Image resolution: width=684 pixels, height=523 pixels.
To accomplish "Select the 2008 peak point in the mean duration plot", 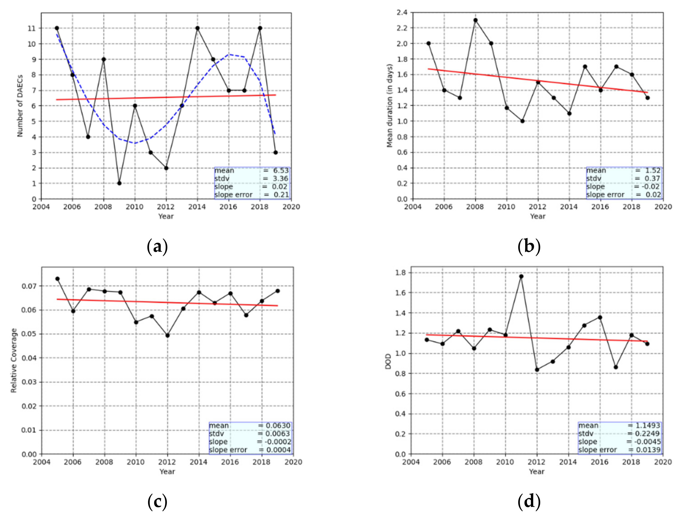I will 475,20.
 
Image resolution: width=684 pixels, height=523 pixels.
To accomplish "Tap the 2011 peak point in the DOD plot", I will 521,276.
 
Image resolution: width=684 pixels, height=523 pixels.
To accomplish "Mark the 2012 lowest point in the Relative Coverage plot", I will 168,335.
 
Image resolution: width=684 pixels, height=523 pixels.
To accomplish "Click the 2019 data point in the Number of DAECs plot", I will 275,152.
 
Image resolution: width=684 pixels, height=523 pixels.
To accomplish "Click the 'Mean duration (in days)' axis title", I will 389,106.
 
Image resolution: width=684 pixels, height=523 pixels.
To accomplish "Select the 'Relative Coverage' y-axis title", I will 14,360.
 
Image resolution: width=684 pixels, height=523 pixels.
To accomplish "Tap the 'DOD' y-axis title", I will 388,361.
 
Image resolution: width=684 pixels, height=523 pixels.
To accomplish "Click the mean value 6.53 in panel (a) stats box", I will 281,171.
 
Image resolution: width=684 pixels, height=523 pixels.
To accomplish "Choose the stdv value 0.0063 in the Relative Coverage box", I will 278,433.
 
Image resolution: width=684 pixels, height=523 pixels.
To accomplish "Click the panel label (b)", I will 529,246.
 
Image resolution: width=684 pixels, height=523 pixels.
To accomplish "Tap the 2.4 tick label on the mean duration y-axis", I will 402,12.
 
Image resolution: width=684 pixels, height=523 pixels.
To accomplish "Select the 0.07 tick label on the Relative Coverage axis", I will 29,286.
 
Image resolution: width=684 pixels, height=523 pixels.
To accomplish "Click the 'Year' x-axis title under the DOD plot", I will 536,471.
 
